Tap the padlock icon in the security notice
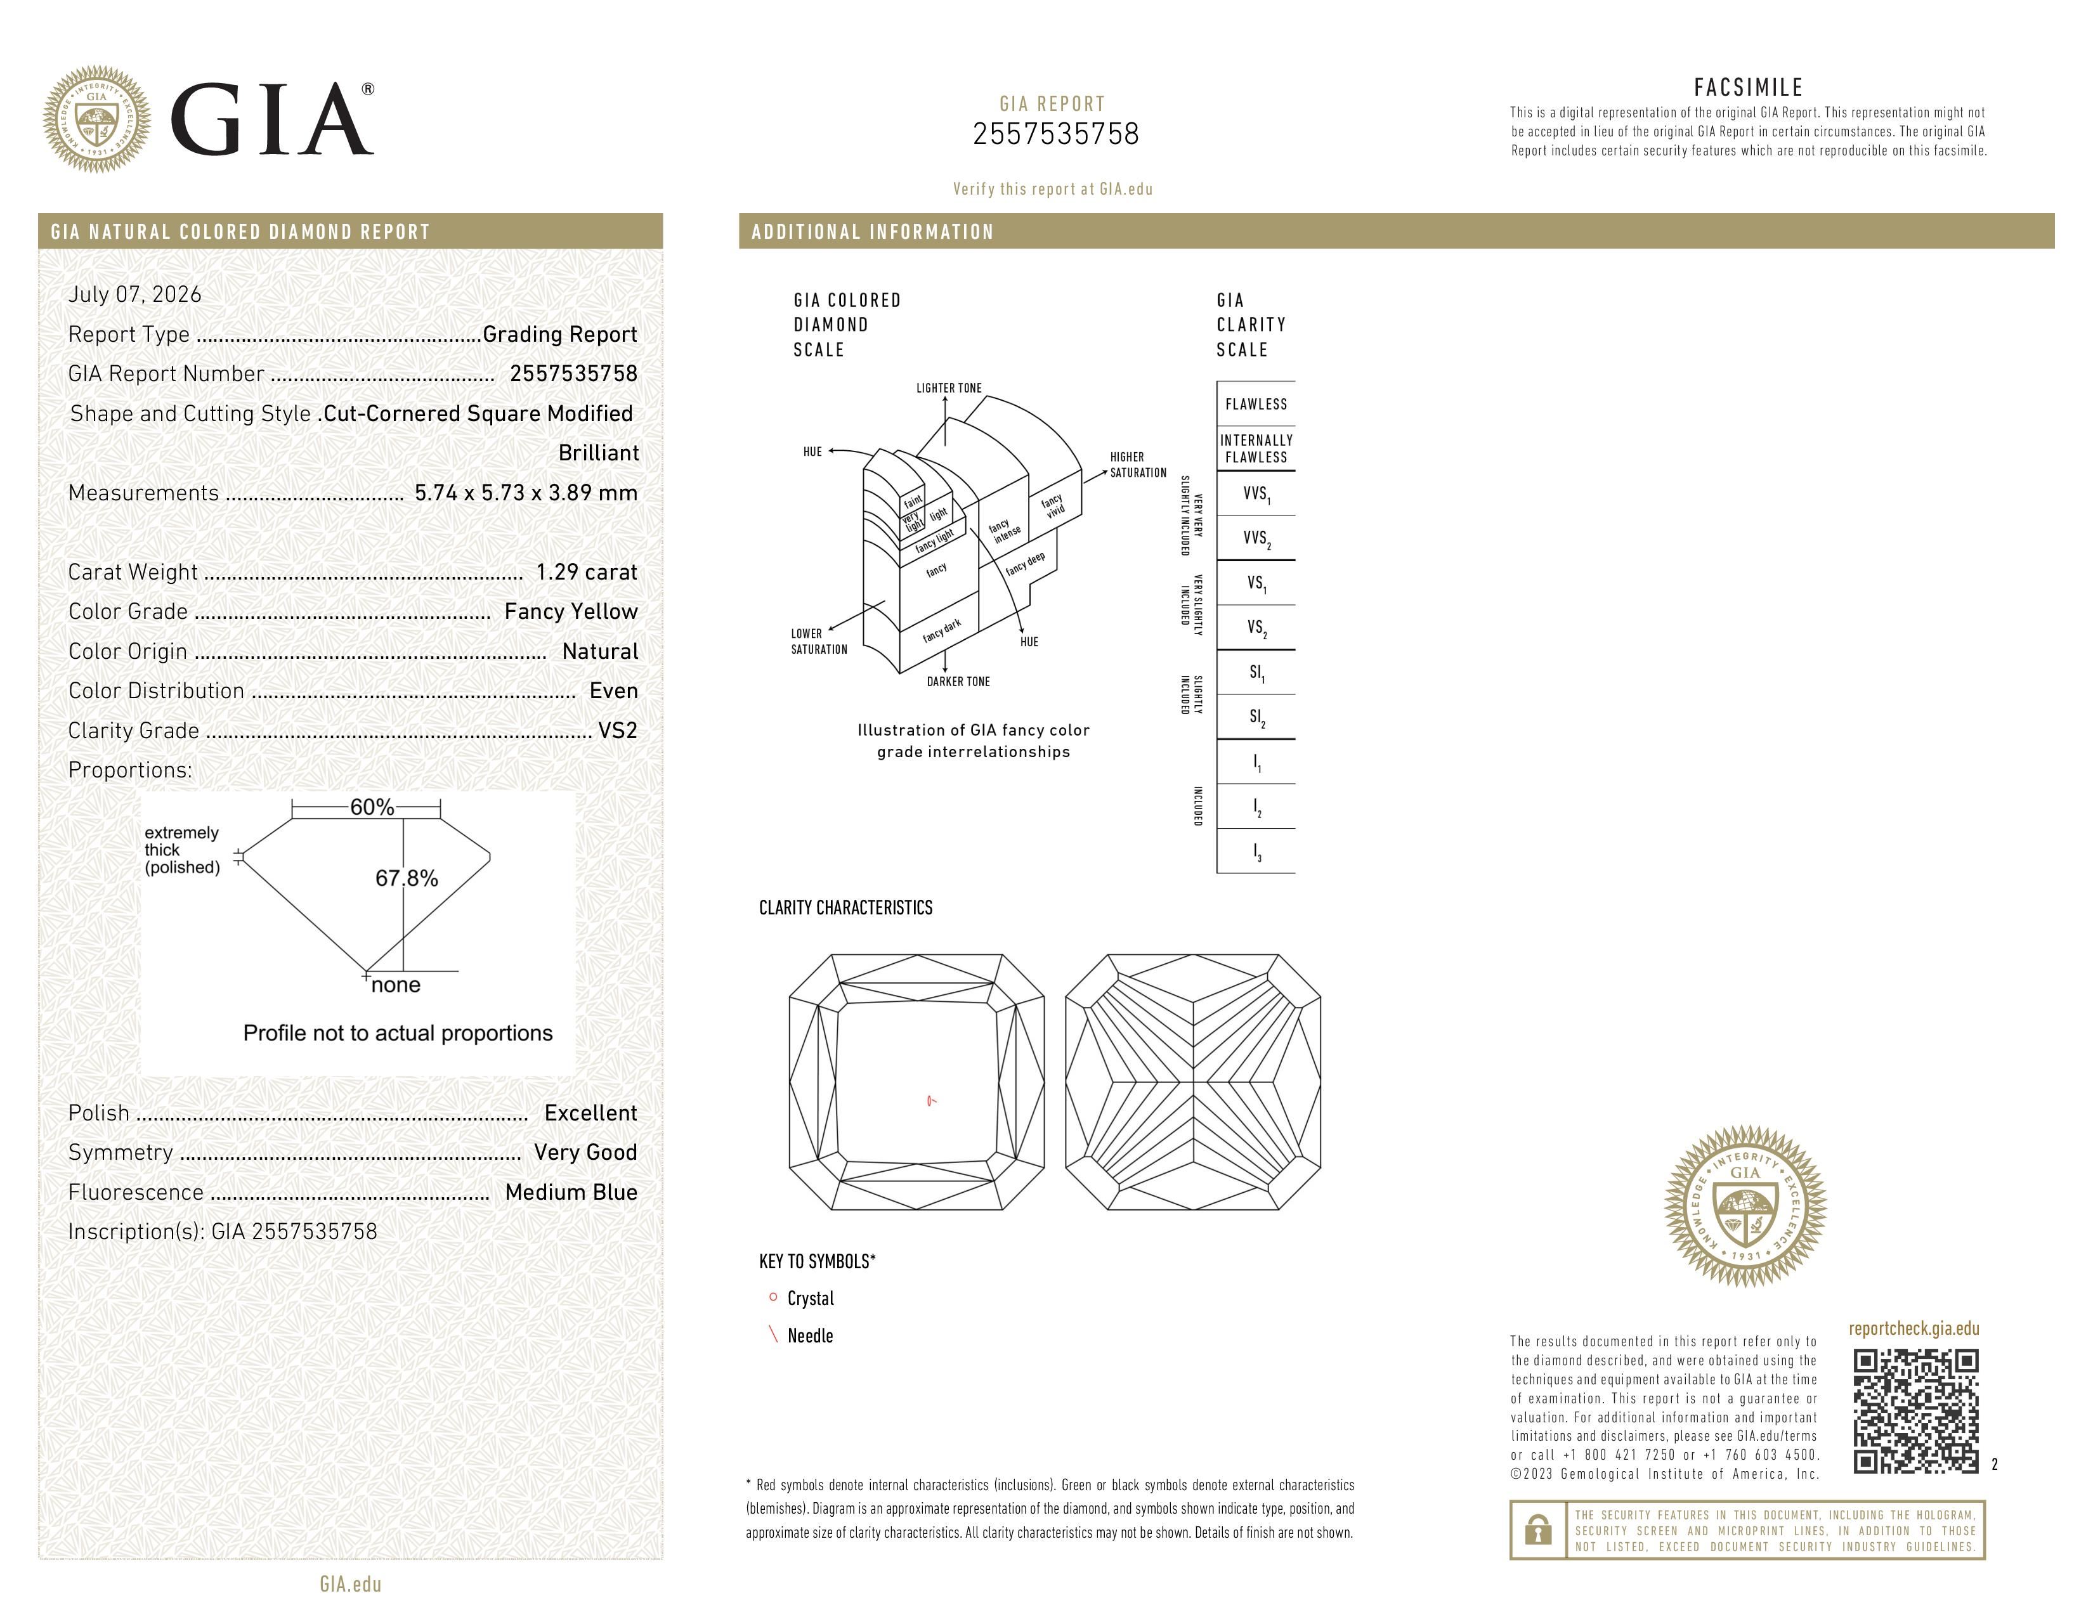[1538, 1530]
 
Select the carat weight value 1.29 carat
[587, 572]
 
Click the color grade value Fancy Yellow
[571, 611]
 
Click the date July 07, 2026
[135, 294]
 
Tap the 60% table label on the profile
[372, 807]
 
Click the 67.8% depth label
[407, 878]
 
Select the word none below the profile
[396, 985]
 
